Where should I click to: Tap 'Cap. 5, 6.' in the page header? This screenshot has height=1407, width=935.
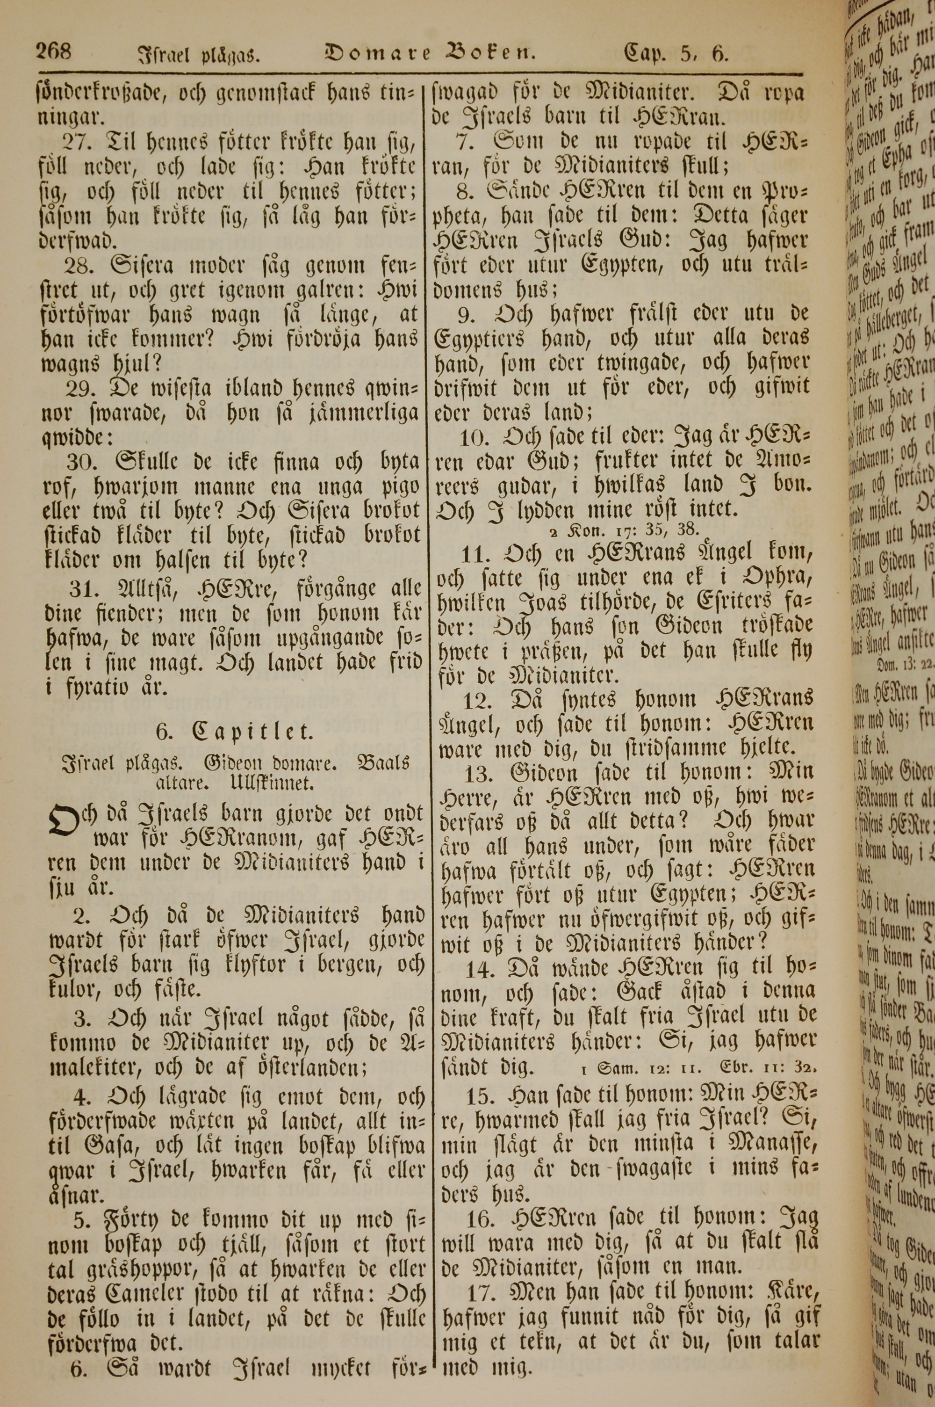click(x=675, y=54)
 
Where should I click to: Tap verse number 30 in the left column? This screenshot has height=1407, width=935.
click(x=84, y=461)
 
